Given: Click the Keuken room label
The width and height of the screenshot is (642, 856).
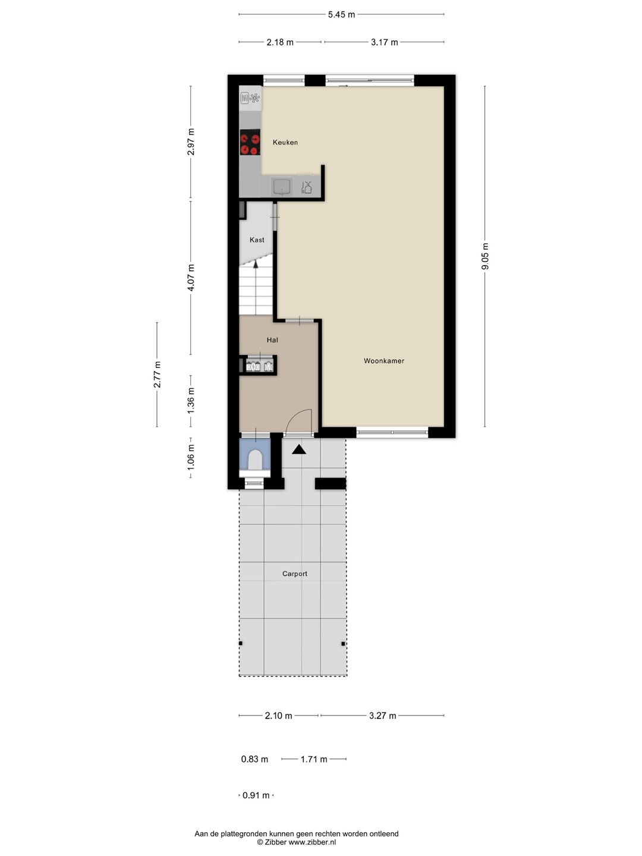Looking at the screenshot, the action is pyautogui.click(x=285, y=142).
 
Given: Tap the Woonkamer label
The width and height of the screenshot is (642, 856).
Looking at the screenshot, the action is pyautogui.click(x=384, y=361).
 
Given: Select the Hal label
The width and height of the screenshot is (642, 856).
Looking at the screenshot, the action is pyautogui.click(x=272, y=340).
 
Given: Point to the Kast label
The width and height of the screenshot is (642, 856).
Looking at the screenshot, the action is pyautogui.click(x=257, y=240).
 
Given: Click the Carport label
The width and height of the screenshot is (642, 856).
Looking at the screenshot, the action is pyautogui.click(x=295, y=574).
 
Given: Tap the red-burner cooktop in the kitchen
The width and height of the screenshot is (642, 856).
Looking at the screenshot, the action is pyautogui.click(x=250, y=142).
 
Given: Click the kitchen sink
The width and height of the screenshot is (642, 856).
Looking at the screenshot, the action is pyautogui.click(x=282, y=187).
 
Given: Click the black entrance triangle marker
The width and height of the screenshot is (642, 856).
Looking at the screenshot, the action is pyautogui.click(x=299, y=449).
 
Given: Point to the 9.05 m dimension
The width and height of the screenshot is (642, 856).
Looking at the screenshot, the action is pyautogui.click(x=485, y=256).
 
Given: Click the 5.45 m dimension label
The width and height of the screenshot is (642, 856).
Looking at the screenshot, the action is pyautogui.click(x=341, y=15).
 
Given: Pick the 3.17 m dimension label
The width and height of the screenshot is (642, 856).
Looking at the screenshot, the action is pyautogui.click(x=385, y=42).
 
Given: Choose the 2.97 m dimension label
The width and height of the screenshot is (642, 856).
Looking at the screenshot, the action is pyautogui.click(x=191, y=141).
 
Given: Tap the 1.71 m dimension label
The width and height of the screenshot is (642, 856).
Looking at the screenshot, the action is pyautogui.click(x=314, y=759).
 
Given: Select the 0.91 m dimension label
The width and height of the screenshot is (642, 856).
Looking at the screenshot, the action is pyautogui.click(x=256, y=795).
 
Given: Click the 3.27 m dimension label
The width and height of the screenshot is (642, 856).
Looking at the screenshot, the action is pyautogui.click(x=382, y=716).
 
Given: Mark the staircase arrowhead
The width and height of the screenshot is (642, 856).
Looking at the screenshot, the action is pyautogui.click(x=256, y=264).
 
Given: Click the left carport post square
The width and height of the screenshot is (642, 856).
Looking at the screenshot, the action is pyautogui.click(x=241, y=643).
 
